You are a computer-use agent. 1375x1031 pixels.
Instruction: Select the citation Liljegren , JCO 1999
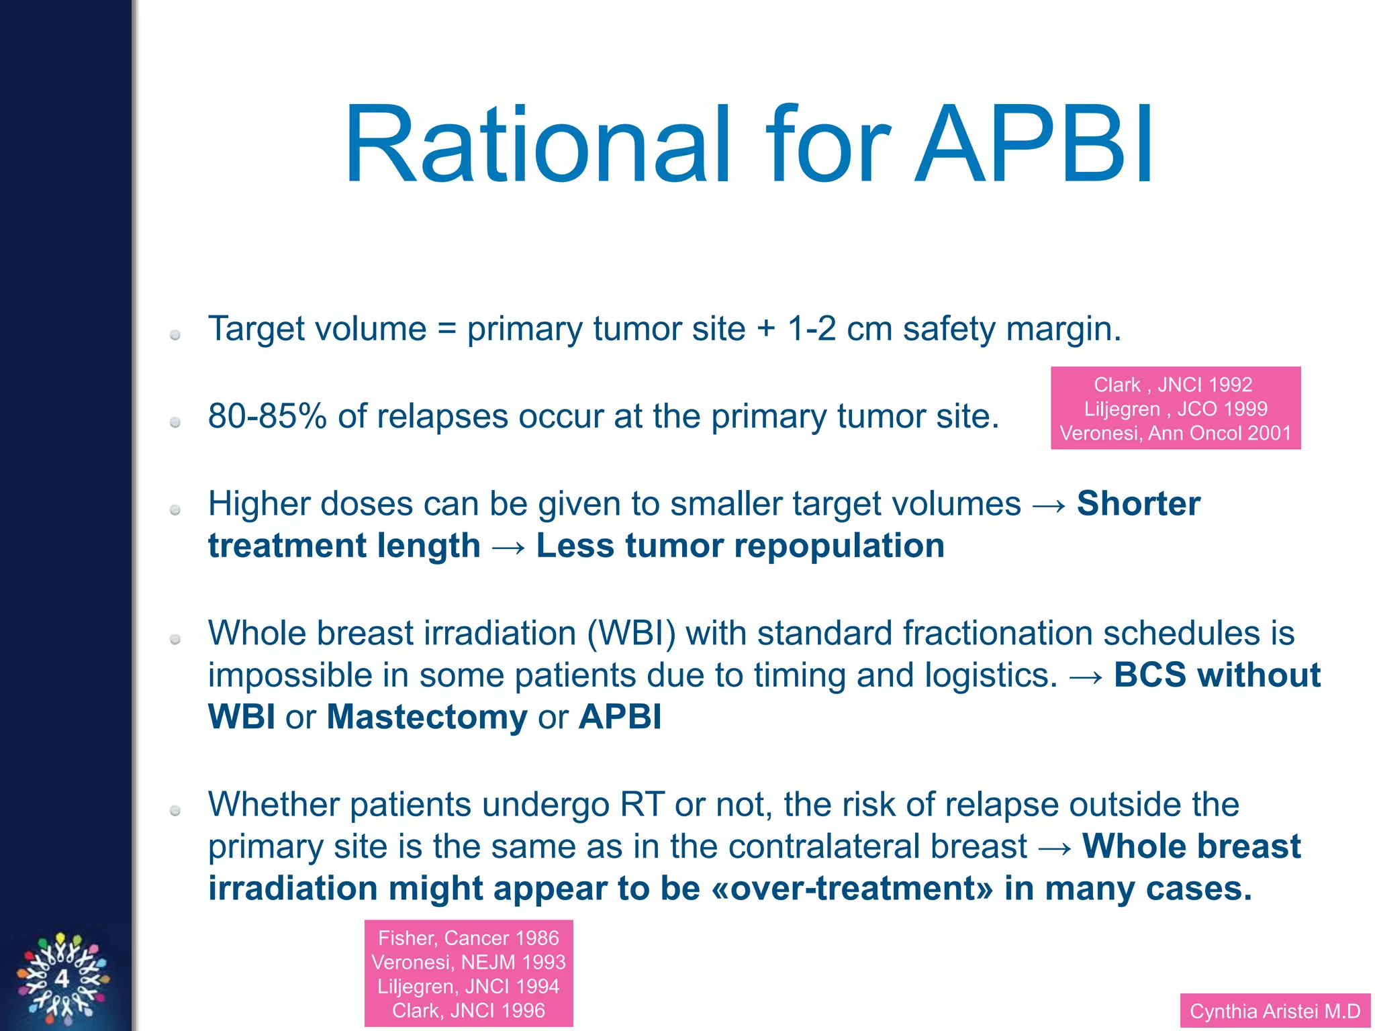coord(1175,409)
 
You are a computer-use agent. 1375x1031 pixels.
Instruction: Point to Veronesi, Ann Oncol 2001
coord(1175,433)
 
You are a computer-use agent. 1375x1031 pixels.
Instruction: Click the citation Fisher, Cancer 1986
coord(468,938)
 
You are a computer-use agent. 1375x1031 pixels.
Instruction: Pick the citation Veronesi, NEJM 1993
coord(468,962)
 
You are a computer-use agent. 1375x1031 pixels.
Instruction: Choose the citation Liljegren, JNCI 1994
coord(468,986)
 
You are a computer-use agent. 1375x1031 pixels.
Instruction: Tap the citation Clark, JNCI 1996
coord(468,1010)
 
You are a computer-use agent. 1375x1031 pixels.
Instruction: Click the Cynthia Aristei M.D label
coord(1274,1011)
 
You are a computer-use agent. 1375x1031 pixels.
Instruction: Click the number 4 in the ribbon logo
coord(62,979)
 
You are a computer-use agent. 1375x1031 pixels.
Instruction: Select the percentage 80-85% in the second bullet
coord(267,416)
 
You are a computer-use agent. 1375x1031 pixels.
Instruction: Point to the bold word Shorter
coord(1138,503)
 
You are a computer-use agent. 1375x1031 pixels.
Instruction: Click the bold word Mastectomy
coord(427,716)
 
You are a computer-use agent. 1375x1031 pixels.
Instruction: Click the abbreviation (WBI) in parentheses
coord(631,633)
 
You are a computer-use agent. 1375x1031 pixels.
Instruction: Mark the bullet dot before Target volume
coord(175,334)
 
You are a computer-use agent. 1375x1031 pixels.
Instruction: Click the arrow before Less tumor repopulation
coord(508,546)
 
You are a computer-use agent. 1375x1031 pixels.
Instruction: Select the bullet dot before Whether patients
coord(175,810)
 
